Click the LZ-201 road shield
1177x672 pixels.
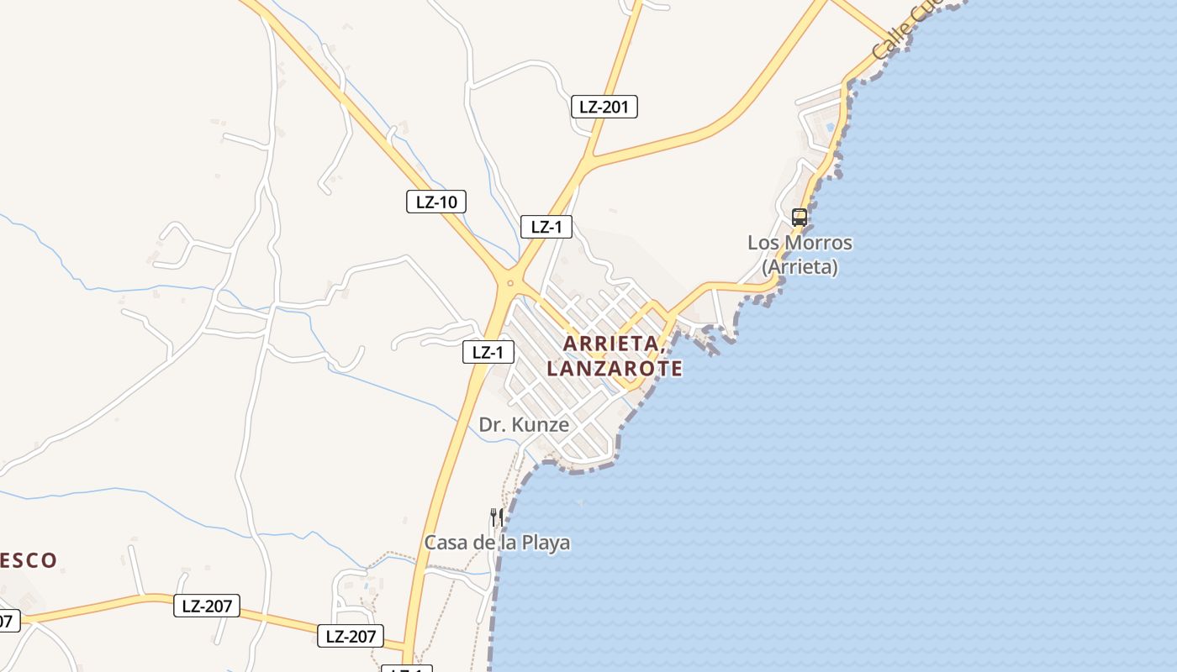tap(604, 107)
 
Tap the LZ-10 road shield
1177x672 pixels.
tap(435, 202)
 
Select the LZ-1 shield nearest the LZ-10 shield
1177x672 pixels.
tap(546, 227)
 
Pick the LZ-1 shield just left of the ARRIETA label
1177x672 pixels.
tap(488, 353)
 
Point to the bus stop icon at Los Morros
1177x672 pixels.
tap(799, 218)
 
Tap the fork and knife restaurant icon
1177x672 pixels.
tap(497, 516)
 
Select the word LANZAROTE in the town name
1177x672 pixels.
tap(614, 369)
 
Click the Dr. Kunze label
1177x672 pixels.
tap(524, 425)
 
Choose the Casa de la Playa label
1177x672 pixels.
tap(497, 543)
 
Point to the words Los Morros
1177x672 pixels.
tap(800, 243)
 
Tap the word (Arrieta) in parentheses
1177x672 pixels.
tap(800, 267)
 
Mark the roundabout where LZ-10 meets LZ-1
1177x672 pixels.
tap(509, 283)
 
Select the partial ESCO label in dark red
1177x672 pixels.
tap(28, 560)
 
